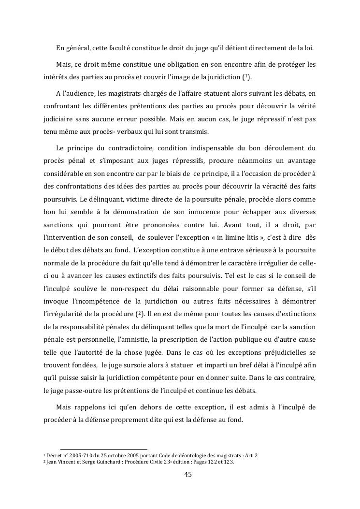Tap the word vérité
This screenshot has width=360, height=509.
pos(304,106)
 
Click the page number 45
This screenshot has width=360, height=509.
pos(188,474)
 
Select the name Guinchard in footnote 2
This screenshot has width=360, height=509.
pos(101,462)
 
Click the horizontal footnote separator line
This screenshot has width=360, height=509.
pos(103,449)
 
